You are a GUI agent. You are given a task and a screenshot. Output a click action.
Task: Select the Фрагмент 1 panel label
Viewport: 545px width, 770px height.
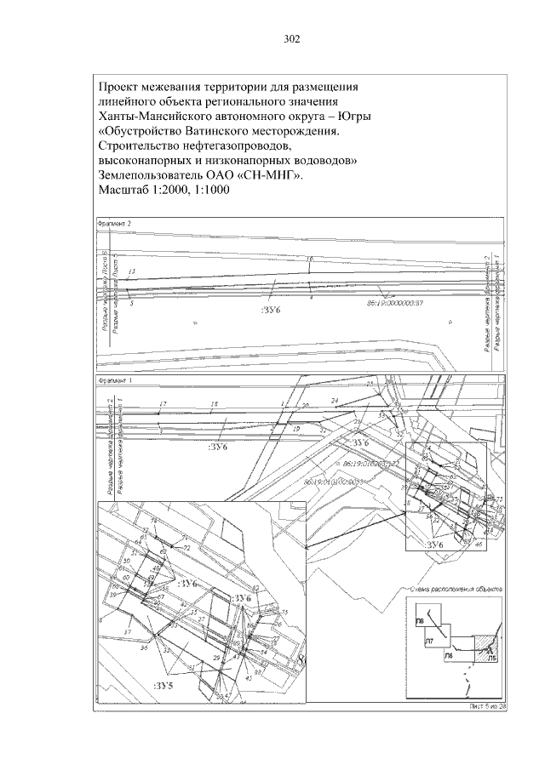coord(113,379)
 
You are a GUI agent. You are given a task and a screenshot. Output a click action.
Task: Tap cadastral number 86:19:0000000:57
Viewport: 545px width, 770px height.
coord(395,303)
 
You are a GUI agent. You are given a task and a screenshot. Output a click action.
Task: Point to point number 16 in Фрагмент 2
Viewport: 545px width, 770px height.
coord(309,258)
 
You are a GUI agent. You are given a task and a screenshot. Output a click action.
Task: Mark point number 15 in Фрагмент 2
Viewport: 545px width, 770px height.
coord(130,271)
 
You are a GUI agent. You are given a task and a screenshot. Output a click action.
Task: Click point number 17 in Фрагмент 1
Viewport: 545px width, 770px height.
coord(163,403)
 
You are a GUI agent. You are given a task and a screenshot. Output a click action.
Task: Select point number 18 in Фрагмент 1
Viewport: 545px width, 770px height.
coord(215,403)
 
